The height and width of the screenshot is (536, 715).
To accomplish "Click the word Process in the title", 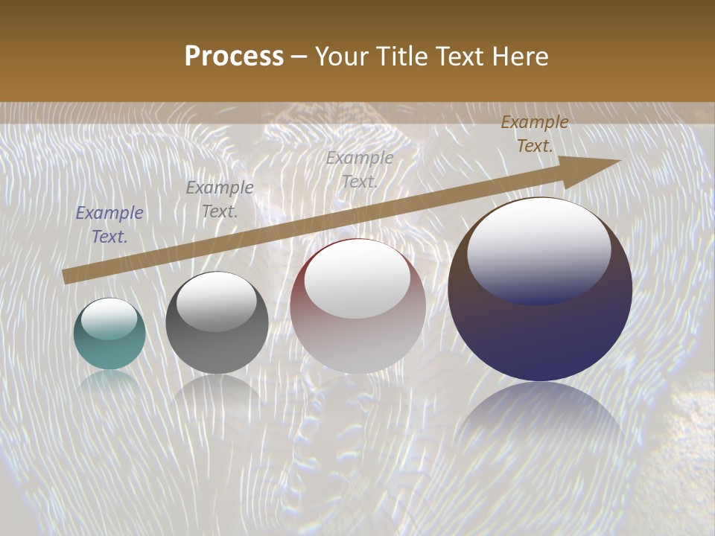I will click(234, 57).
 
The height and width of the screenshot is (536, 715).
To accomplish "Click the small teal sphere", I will click(109, 335).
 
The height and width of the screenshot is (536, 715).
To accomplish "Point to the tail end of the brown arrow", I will click(67, 276).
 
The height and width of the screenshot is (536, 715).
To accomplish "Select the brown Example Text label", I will click(535, 134).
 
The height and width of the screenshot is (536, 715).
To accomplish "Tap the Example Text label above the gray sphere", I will click(220, 200).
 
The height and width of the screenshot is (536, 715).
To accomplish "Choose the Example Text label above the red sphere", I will click(360, 170).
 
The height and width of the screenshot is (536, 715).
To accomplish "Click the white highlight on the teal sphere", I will click(109, 319).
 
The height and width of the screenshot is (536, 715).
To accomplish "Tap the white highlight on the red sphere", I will click(357, 279).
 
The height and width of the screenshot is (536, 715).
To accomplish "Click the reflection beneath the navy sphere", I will click(540, 417).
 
